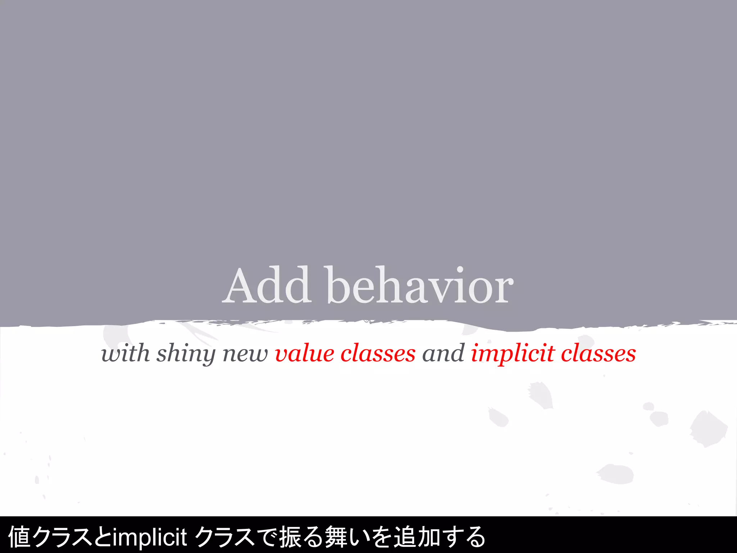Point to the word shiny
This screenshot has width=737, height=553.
click(x=186, y=354)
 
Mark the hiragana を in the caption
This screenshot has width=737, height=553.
click(x=381, y=536)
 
